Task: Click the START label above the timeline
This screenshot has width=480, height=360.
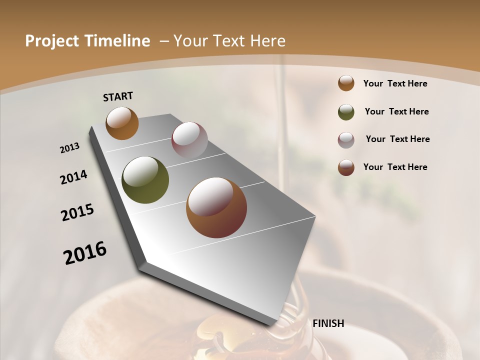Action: tap(118, 96)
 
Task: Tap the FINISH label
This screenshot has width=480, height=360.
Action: tap(328, 323)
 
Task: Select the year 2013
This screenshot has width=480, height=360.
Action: tap(69, 148)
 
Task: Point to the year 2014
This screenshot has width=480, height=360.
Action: tap(73, 177)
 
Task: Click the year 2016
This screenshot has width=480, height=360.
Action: tap(85, 253)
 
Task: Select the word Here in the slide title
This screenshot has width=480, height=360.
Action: tap(267, 41)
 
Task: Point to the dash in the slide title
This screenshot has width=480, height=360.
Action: tap(164, 41)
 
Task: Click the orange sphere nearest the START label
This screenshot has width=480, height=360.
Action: tap(122, 123)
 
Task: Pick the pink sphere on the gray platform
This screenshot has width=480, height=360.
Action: tap(189, 140)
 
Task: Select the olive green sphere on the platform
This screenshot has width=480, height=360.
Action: tap(145, 180)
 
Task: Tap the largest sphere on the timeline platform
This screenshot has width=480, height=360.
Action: tap(216, 207)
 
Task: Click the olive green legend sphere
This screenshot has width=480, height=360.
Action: tap(346, 112)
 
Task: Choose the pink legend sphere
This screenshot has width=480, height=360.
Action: tap(346, 140)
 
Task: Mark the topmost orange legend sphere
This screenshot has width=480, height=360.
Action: tap(346, 83)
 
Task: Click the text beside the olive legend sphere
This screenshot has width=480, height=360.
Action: tap(396, 111)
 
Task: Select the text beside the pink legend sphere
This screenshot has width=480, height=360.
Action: tap(397, 139)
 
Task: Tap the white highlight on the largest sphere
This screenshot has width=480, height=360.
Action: tap(210, 197)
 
